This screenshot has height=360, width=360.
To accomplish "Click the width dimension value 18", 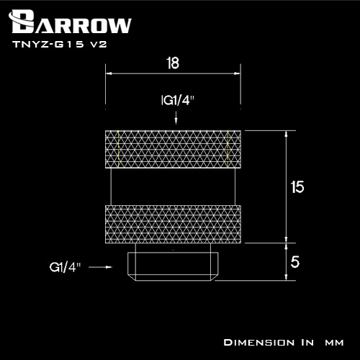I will [172, 63].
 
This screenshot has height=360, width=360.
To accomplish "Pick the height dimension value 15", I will [297, 187].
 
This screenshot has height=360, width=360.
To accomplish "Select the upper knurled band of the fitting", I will [172, 150].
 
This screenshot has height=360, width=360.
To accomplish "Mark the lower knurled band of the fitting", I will [172, 225].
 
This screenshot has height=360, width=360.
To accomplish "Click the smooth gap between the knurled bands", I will [172, 187].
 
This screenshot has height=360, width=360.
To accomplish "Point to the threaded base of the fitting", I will [172, 266].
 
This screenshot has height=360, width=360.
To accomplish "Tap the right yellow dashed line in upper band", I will [228, 150].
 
